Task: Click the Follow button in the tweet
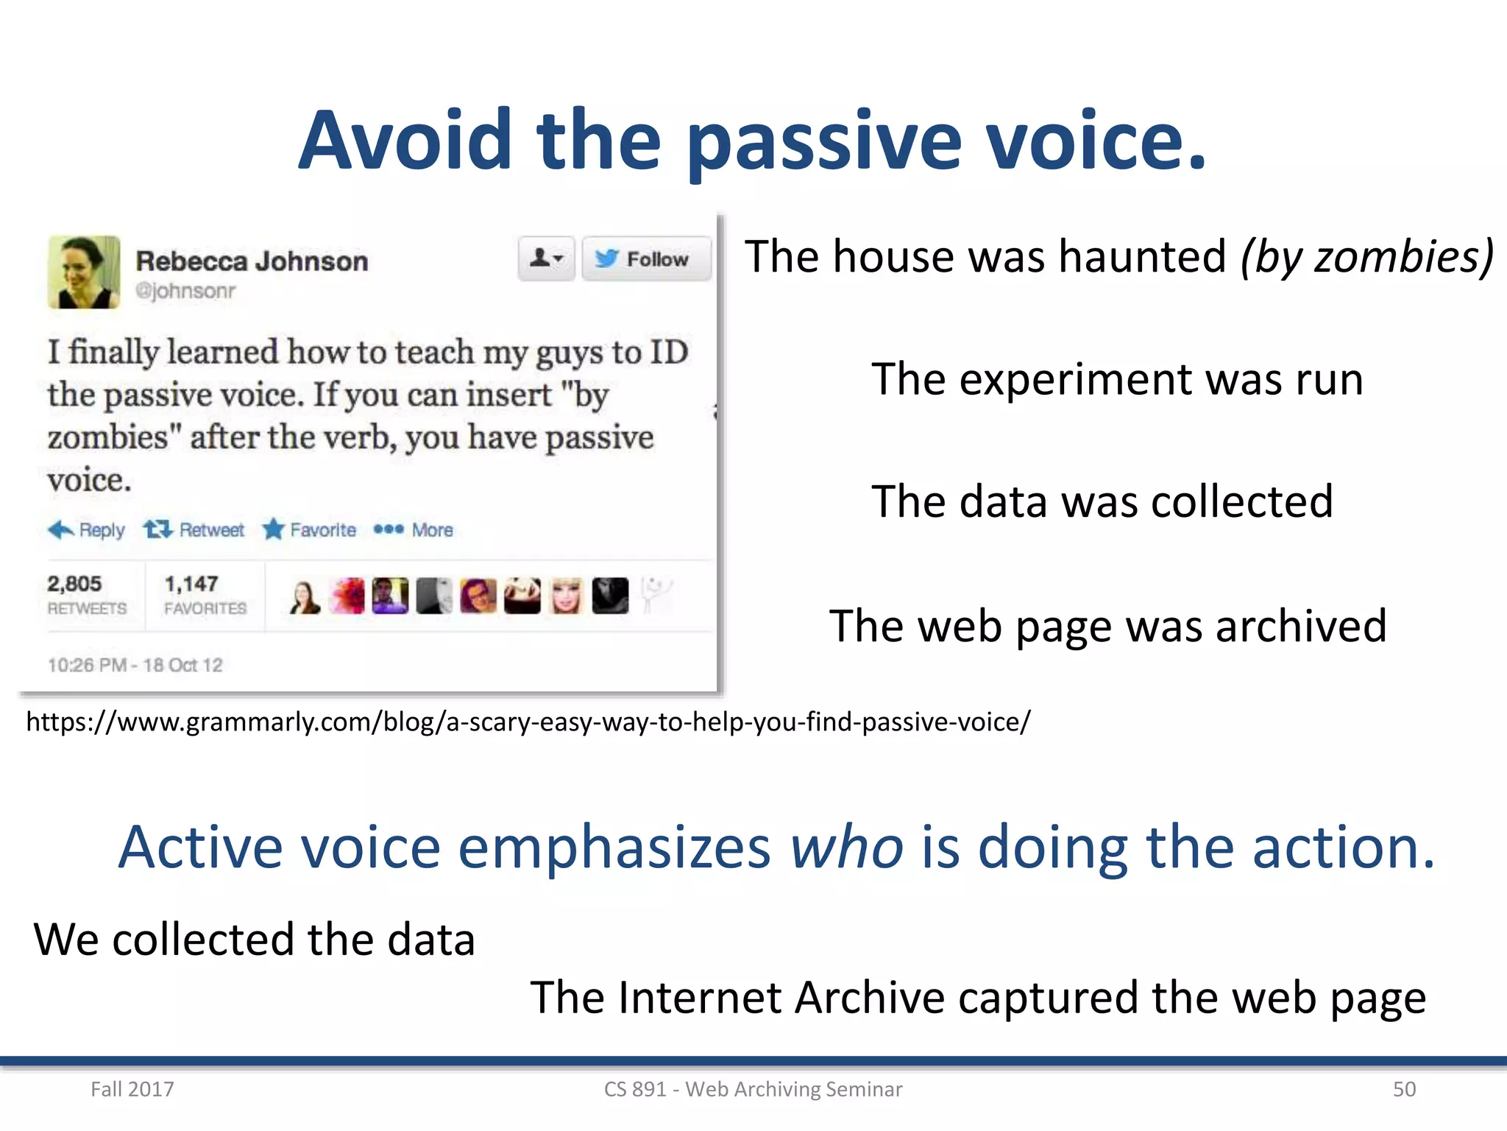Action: pos(646,259)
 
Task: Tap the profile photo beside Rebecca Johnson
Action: pos(84,272)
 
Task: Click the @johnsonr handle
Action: pos(185,291)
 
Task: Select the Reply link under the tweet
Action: pos(87,529)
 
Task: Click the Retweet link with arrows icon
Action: pos(194,529)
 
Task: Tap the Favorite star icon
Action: pos(274,529)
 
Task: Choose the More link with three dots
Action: pos(414,529)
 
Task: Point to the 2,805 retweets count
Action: pos(74,584)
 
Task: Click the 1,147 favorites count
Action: pos(191,584)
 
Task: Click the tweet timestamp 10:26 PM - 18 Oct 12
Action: pos(135,665)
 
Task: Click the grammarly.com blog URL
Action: pos(528,722)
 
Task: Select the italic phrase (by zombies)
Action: pos(1366,256)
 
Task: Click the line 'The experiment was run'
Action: pos(1117,379)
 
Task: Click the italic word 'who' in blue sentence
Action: pos(846,847)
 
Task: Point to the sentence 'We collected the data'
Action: pos(254,940)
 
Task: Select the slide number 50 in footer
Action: pos(1404,1089)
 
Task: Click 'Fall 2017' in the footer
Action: pos(132,1089)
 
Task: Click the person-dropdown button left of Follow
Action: pos(546,259)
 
